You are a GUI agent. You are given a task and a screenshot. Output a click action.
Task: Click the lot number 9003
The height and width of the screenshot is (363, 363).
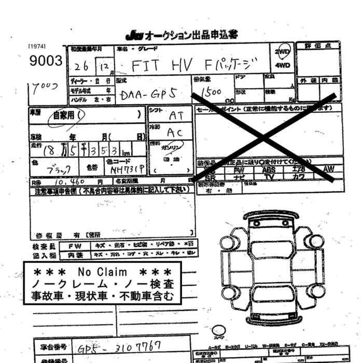pos(46,61)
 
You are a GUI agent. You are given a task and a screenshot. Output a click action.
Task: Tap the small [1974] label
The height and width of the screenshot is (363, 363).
pos(36,47)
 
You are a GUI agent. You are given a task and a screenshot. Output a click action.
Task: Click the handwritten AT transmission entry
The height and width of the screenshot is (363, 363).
pos(175,116)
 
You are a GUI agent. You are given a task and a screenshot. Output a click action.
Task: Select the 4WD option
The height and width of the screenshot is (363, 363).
pos(283,66)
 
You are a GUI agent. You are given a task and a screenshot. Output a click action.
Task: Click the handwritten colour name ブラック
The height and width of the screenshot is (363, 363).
pos(58,170)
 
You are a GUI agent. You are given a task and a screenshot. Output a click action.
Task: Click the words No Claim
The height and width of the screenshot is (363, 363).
pos(102,271)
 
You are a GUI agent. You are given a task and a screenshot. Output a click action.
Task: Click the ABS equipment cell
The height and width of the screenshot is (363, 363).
pos(269,169)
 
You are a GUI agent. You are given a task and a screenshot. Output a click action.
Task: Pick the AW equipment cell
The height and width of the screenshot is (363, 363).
pos(328,169)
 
